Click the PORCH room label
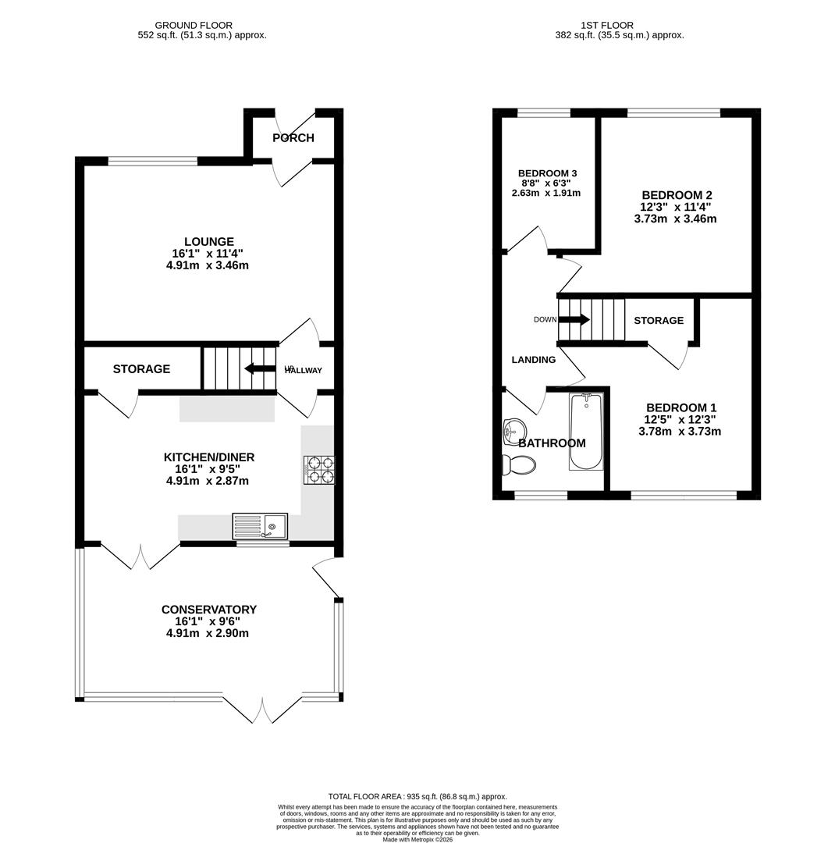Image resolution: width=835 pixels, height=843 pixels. coord(293,138)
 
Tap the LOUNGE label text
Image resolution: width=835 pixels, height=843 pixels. coord(208,242)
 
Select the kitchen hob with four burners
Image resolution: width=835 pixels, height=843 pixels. coord(318,470)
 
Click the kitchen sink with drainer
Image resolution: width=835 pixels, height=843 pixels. coord(260,526)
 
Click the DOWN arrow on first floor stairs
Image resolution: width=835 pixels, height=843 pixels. coord(574,319)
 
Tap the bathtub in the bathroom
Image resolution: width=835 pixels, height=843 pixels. coord(585,432)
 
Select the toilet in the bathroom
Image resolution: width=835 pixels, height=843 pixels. coord(518,464)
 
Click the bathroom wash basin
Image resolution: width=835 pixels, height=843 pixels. coord(513,429)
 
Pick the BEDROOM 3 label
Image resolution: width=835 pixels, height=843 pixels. coord(547,173)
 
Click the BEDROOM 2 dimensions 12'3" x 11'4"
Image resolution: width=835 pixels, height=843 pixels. coord(675,208)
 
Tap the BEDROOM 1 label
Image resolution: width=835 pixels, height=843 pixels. coord(680,407)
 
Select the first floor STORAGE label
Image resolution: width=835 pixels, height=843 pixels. coord(658,321)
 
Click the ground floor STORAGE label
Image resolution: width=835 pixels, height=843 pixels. coord(141,369)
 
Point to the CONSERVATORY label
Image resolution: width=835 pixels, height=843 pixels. coord(208,610)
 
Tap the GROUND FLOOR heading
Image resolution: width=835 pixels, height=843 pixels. coord(194,26)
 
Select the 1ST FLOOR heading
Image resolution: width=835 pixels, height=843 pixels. coord(607,26)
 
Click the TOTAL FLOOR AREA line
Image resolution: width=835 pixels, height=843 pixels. coord(417,797)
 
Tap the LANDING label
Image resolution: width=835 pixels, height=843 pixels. coord(533,360)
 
